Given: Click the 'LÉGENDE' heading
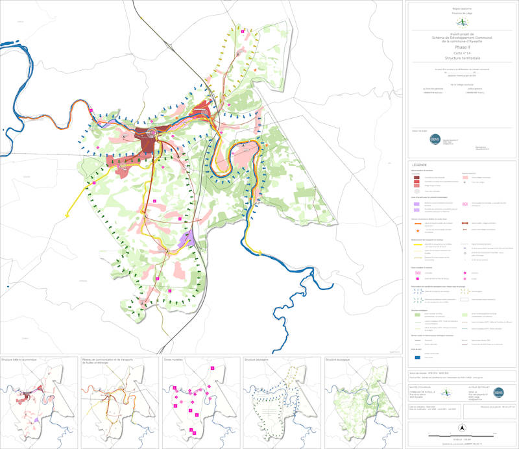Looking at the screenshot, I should click(419, 165).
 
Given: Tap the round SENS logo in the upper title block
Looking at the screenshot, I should click(435, 139).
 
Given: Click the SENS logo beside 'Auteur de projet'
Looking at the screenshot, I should click(499, 393).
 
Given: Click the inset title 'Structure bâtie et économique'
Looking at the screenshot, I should click(24, 359).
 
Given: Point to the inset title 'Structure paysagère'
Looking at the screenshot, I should click(256, 359).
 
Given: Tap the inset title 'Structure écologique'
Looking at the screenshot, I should click(339, 359).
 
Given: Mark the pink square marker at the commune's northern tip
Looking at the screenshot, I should click(243, 30).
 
